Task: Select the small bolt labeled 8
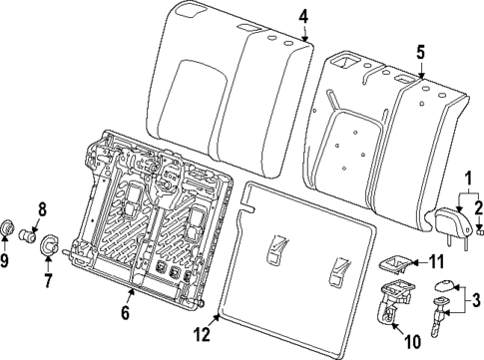pyautogui.click(x=28, y=235)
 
